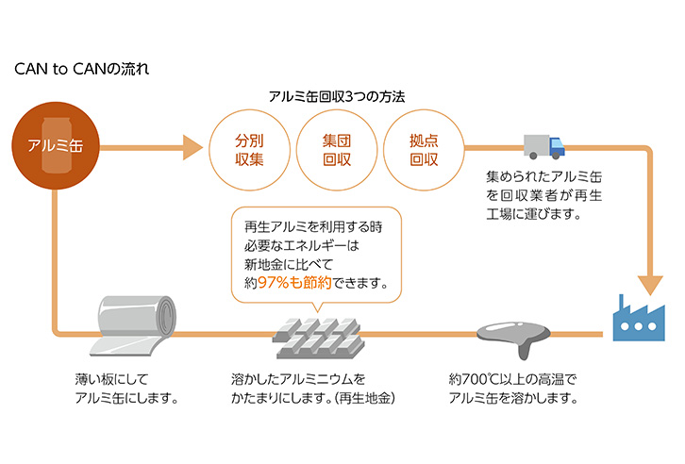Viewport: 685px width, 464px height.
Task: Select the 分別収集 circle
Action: click(x=250, y=149)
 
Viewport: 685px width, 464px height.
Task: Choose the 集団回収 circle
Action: click(x=337, y=149)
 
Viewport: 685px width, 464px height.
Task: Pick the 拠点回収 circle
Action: click(x=424, y=149)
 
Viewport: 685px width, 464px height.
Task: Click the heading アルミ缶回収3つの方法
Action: click(x=337, y=97)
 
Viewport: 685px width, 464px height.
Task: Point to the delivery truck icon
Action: click(x=543, y=146)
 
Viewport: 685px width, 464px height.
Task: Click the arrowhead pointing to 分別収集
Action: click(x=192, y=148)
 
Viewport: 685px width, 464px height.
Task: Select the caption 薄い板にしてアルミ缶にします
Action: click(x=126, y=389)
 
